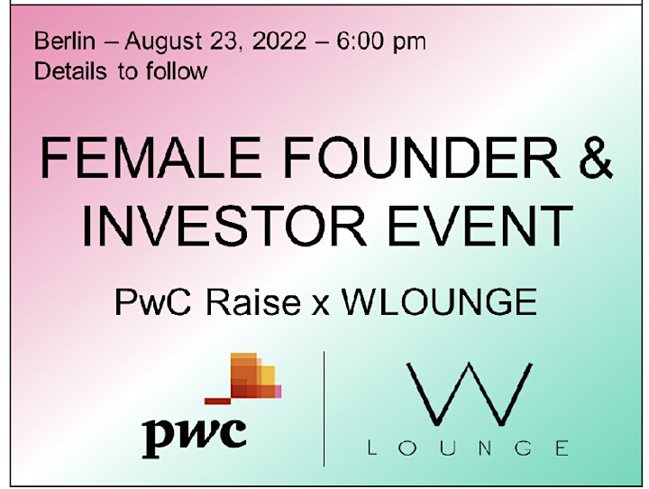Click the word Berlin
tap(65, 41)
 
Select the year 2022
tap(279, 41)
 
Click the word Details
tap(70, 71)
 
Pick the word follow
tap(177, 71)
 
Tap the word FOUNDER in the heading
tap(421, 158)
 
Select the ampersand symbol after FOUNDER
tap(595, 158)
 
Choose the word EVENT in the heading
tap(480, 226)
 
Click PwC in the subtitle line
tap(152, 302)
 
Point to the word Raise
tap(253, 302)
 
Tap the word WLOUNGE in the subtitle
tap(439, 302)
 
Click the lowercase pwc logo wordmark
tap(194, 437)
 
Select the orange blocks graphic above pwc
tap(243, 378)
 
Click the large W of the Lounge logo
tap(470, 394)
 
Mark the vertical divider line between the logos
tap(324, 409)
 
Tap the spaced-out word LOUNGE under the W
tap(468, 448)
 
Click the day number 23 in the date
tap(224, 42)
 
